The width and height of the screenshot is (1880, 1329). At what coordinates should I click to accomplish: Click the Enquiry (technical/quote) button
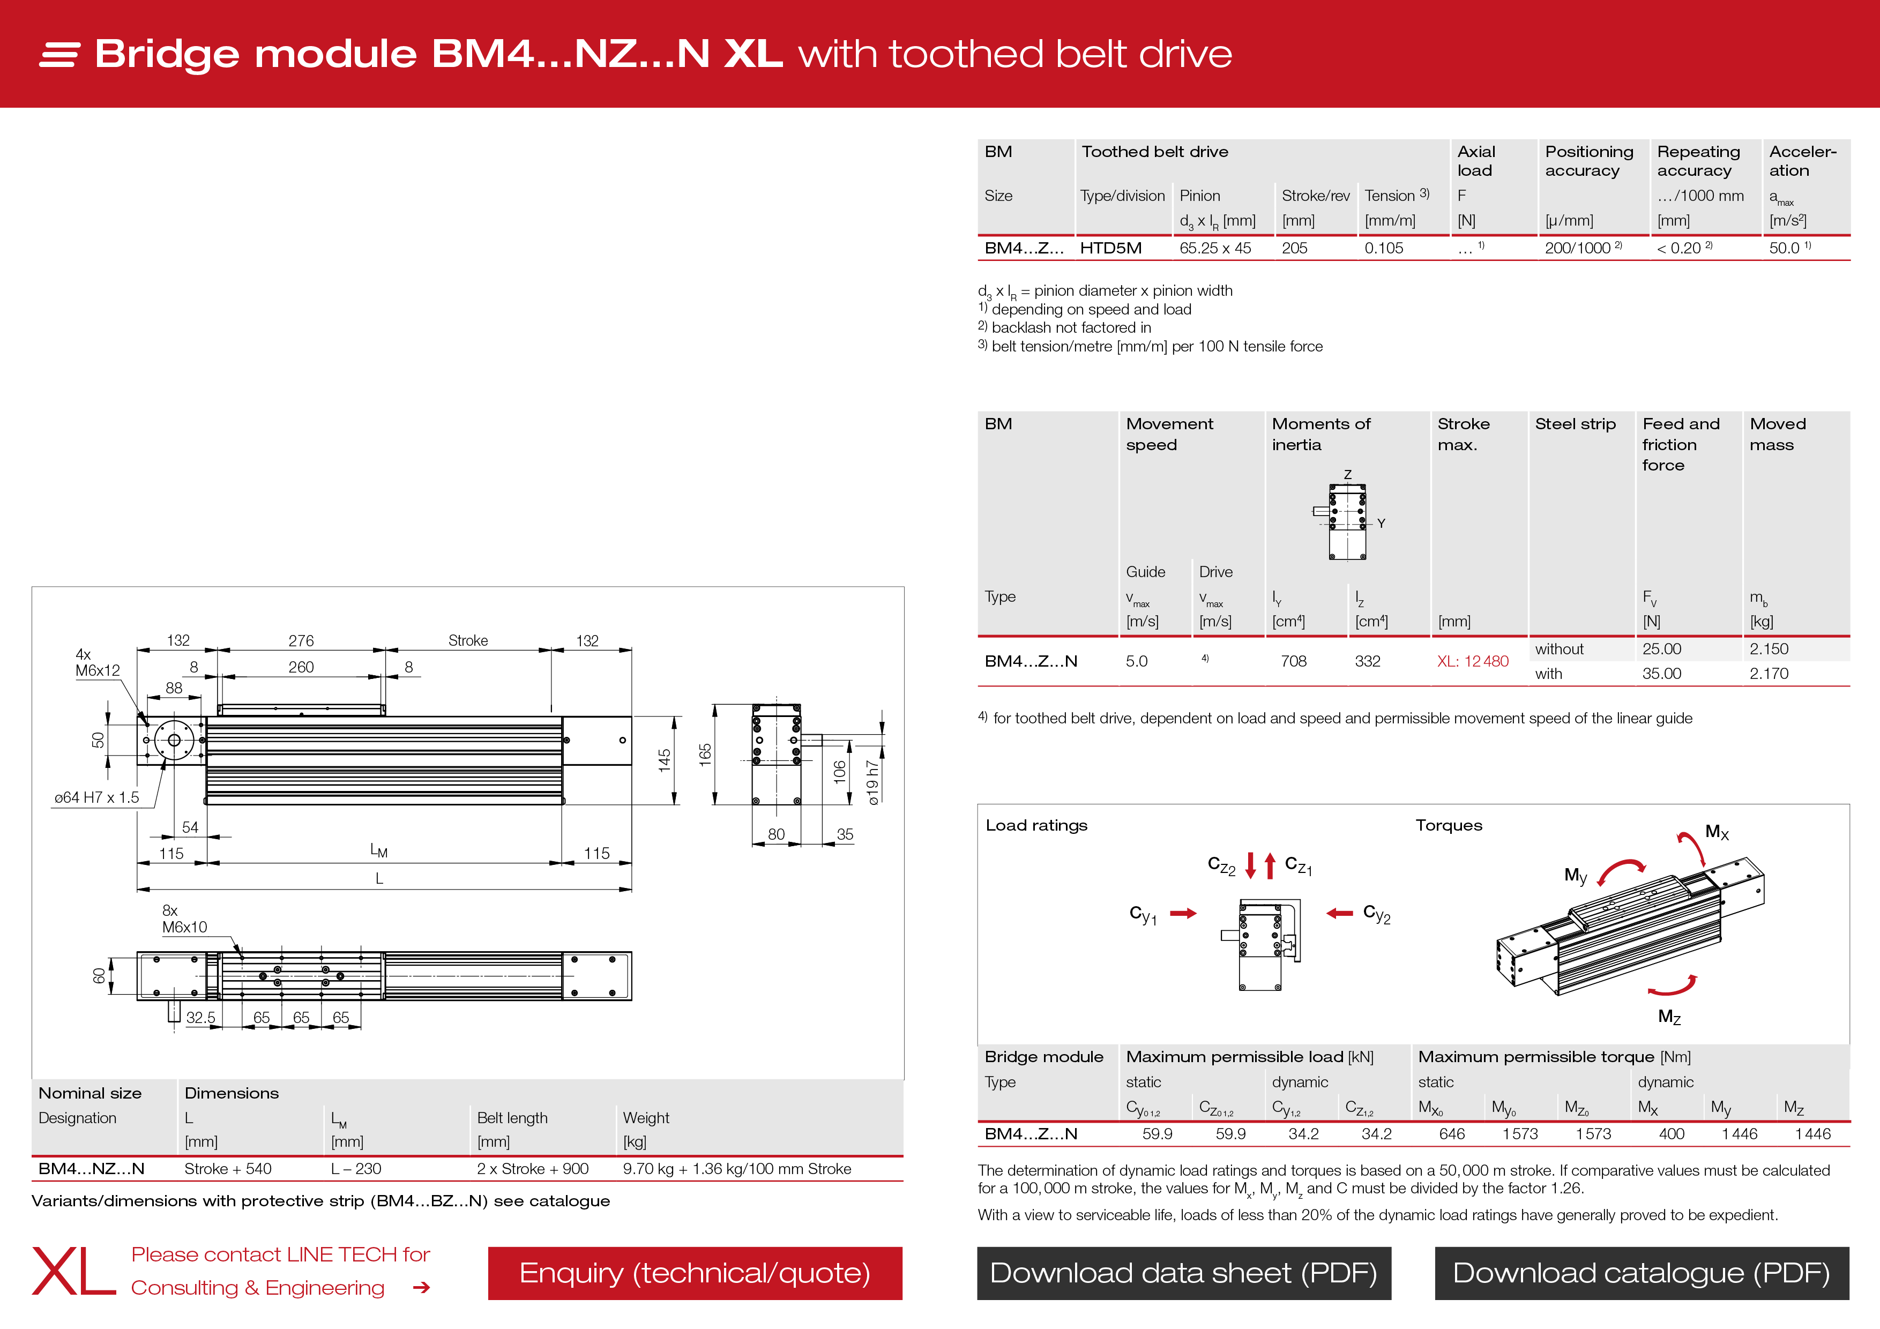(x=695, y=1273)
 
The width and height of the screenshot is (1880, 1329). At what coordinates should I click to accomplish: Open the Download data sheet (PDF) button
(x=1183, y=1273)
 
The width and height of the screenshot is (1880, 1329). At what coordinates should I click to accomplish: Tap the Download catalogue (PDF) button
(x=1641, y=1273)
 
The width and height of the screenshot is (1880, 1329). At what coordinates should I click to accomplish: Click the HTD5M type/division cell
(x=1110, y=248)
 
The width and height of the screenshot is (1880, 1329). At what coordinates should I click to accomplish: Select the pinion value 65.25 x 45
(x=1215, y=248)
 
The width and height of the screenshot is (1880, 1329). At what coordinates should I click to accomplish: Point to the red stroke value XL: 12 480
(x=1472, y=662)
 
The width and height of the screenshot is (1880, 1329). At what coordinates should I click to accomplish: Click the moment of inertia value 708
(x=1293, y=662)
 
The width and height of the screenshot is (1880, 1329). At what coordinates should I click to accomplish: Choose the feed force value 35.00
(x=1661, y=674)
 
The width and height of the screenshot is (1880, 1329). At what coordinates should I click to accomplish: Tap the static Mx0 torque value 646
(x=1452, y=1134)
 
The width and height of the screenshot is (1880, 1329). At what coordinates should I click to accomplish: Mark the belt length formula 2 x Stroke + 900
(x=532, y=1169)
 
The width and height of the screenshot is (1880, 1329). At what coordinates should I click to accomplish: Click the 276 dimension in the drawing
(x=301, y=640)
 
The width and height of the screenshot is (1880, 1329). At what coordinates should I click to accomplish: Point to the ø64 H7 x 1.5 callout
(x=96, y=797)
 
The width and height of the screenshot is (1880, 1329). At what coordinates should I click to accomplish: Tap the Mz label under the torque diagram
(x=1669, y=1017)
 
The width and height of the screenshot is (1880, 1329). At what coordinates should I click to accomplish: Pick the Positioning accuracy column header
(x=1588, y=161)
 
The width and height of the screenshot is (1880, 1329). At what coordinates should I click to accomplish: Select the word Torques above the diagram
(x=1449, y=825)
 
